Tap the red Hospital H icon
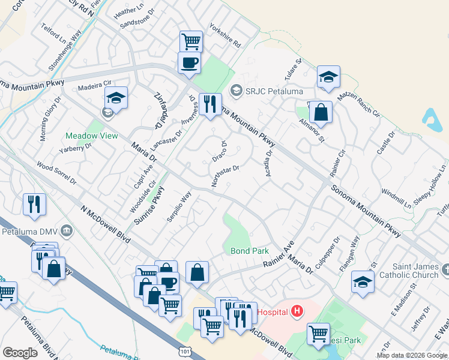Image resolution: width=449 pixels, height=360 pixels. [297, 311]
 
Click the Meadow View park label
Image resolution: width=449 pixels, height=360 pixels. [92, 136]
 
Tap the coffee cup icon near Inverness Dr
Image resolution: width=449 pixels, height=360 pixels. [189, 62]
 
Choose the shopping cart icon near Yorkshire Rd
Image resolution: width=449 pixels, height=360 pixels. [191, 41]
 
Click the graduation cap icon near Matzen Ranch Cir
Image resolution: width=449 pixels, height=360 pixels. [328, 76]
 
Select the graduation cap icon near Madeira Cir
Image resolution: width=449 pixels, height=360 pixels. [116, 97]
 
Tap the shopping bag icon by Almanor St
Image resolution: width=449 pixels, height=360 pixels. [321, 112]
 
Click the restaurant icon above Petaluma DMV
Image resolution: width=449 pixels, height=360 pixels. [34, 204]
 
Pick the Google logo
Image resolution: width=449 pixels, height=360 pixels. [20, 353]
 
